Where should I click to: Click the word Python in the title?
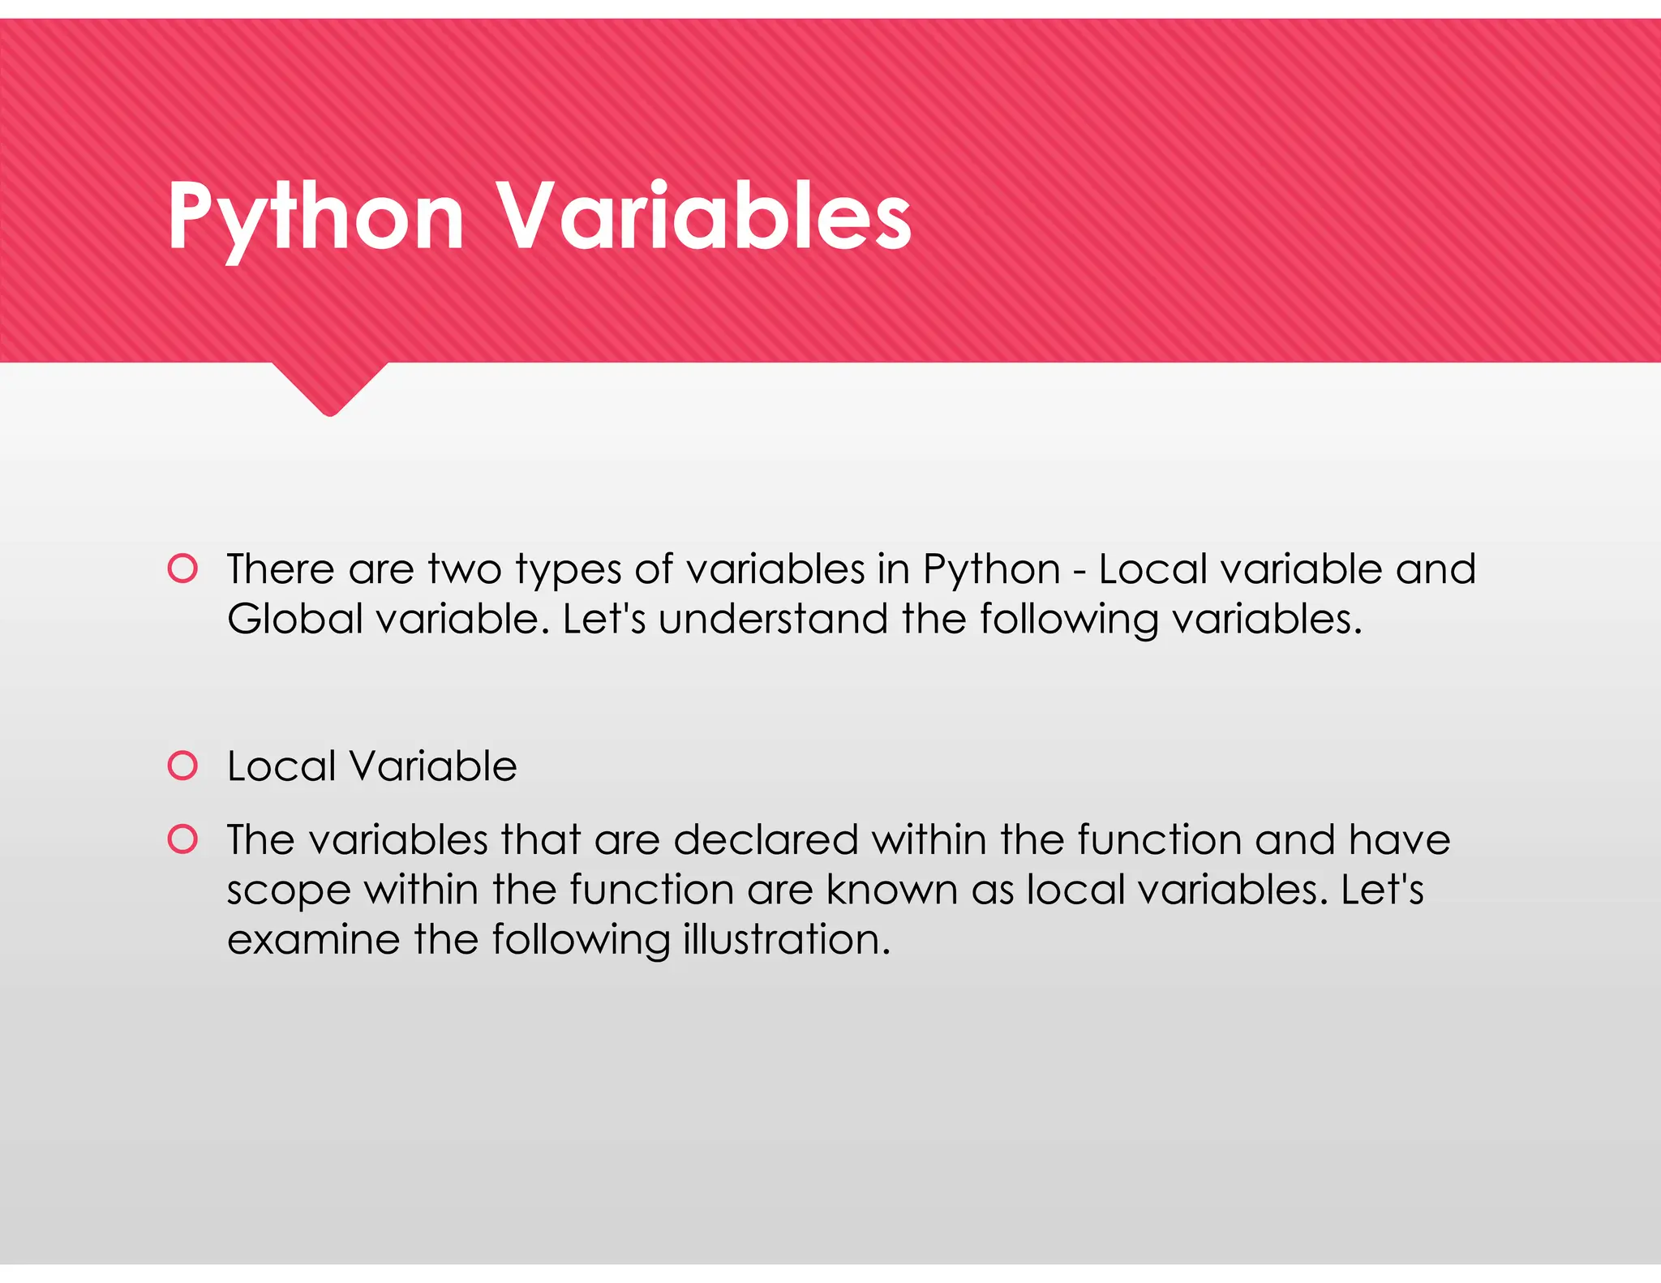[315, 217]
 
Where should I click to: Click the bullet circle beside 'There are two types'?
[182, 569]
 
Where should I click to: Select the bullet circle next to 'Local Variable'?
[182, 766]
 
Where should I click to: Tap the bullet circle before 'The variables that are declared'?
[182, 839]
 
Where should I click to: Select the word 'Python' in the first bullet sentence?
[991, 571]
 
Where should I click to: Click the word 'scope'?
[288, 892]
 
